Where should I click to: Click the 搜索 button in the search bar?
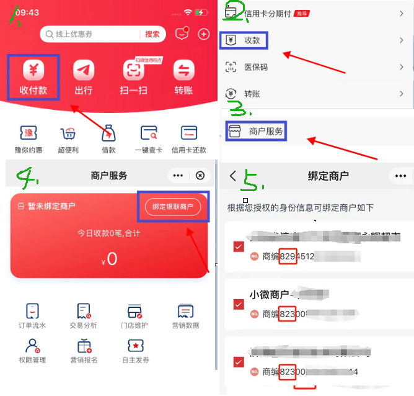pos(152,34)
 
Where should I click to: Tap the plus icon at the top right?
pos(203,34)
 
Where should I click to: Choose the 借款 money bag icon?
pos(108,133)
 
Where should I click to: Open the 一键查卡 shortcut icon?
pos(149,133)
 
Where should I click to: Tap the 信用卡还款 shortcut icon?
pos(188,133)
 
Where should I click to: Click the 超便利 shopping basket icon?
pos(68,133)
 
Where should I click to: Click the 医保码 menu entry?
pos(255,67)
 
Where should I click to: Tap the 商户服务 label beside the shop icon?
pos(266,131)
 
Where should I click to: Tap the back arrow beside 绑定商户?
pos(233,176)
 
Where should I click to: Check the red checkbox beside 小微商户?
pos(239,304)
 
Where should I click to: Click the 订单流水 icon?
pos(33,311)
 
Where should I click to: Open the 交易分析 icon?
pos(83,311)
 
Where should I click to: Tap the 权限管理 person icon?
pos(33,345)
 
